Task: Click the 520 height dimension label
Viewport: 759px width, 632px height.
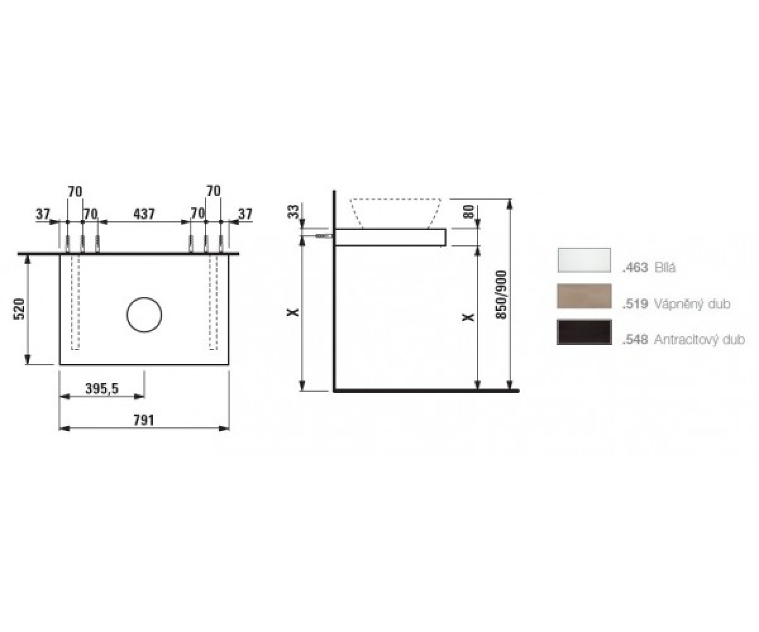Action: point(19,309)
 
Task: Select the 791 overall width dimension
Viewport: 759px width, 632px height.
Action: point(144,420)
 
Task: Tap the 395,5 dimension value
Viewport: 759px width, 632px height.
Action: point(102,389)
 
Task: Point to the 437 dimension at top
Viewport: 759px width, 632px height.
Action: point(144,214)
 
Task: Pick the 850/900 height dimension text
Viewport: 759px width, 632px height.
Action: point(501,295)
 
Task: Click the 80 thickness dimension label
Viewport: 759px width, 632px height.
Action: point(469,211)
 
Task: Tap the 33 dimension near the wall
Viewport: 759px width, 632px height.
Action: point(293,211)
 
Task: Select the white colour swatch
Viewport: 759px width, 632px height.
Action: point(584,260)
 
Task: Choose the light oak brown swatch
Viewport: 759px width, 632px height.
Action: point(584,296)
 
